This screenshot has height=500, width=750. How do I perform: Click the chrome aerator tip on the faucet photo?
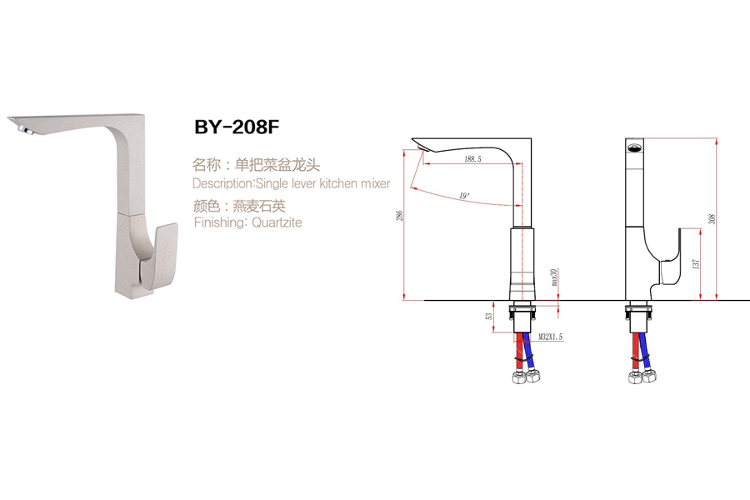(22, 128)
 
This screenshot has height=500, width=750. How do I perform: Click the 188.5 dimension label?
(471, 158)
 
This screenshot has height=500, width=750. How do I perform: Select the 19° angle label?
(464, 196)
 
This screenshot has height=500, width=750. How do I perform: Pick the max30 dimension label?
(553, 277)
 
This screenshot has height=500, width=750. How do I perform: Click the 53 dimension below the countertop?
(489, 317)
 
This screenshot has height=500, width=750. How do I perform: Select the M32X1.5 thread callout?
(551, 337)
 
